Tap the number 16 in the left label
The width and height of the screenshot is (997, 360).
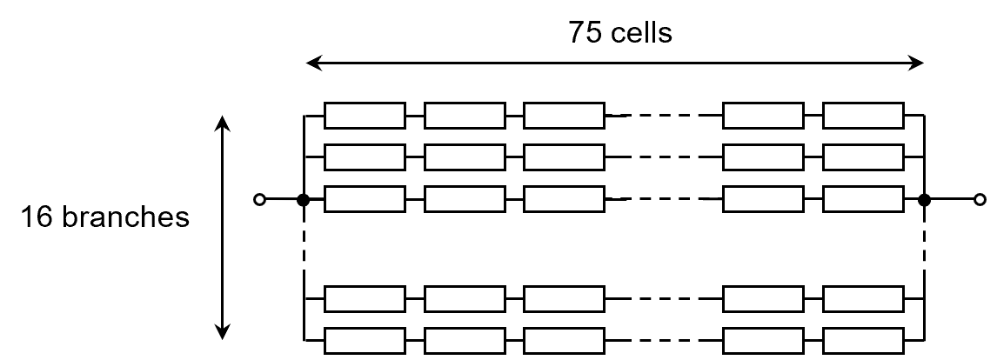36,217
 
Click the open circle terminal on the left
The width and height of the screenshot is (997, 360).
258,200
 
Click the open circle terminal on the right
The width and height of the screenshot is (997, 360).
980,200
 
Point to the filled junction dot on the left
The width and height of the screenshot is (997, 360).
304,200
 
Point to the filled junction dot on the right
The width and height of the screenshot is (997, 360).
925,200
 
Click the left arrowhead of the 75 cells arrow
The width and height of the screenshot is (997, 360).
314,63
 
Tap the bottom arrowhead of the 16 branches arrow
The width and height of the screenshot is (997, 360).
224,330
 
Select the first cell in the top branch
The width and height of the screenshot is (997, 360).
365,115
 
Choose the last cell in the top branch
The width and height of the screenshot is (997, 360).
863,115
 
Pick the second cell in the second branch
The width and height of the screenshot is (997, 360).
465,157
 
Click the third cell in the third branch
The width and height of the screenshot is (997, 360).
564,200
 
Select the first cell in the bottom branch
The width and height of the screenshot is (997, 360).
365,339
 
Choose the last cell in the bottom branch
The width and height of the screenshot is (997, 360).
863,339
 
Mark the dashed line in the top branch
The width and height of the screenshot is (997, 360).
665,115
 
